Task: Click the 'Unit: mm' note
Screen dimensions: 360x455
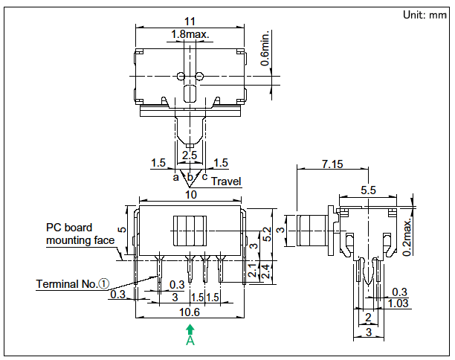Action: coord(423,15)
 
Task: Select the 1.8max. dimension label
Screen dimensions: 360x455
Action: coord(190,34)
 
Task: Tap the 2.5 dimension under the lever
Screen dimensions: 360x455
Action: coord(190,155)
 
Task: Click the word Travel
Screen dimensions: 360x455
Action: coord(227,181)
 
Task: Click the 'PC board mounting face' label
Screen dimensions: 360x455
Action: coord(80,234)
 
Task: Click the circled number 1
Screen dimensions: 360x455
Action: coord(104,283)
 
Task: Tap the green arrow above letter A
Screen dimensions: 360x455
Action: coord(190,329)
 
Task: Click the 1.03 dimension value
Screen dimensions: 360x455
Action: coord(399,303)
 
